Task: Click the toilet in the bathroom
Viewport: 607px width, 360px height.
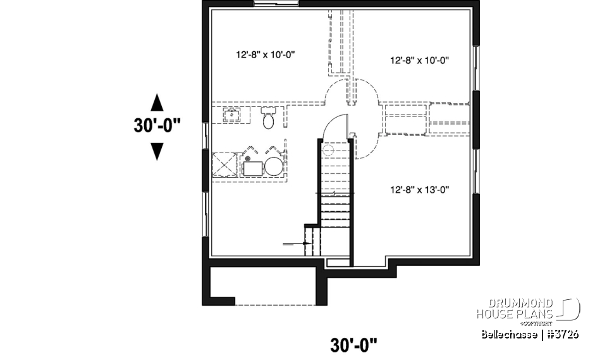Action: click(269, 117)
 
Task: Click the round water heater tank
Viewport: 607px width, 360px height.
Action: click(273, 167)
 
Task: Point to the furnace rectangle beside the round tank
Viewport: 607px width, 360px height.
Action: click(254, 167)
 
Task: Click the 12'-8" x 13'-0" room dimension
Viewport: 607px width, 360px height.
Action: click(419, 189)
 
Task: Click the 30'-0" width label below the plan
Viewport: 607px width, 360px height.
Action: click(354, 345)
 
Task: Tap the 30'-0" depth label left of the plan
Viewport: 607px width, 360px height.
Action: click(157, 126)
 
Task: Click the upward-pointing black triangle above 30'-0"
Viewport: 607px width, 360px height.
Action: click(157, 102)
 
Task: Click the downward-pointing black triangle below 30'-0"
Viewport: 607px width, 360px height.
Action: click(157, 151)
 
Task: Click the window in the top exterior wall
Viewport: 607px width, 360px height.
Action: click(276, 4)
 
